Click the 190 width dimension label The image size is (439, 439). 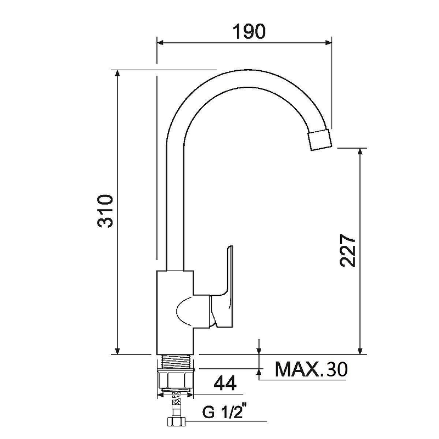click(249, 31)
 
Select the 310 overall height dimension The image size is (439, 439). click(105, 211)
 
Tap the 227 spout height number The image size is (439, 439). click(348, 250)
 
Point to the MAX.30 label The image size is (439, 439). click(311, 369)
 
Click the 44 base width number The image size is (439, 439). click(225, 383)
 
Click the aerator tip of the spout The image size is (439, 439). click(320, 140)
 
